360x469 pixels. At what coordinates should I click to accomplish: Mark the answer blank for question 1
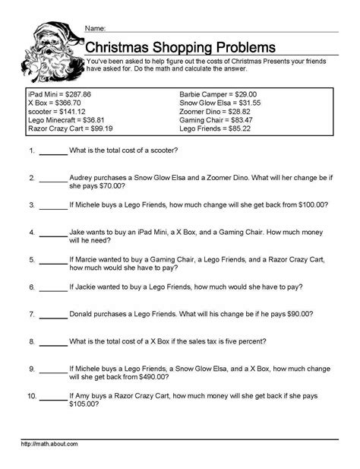pyautogui.click(x=52, y=151)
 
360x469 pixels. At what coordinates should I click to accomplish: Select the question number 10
pyautogui.click(x=30, y=396)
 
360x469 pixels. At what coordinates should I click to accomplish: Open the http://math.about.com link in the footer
pyautogui.click(x=49, y=443)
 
